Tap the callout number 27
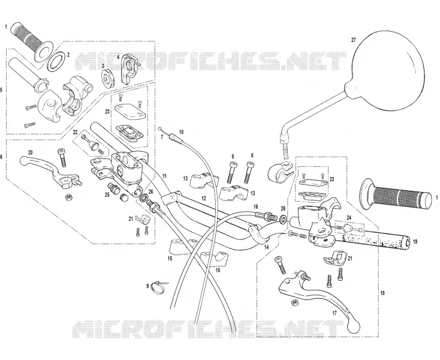pos(354,40)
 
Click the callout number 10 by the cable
pos(181,132)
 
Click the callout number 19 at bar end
pos(415,241)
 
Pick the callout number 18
pos(382,293)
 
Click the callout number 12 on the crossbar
pos(204,198)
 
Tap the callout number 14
pos(266,247)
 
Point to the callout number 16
pos(255,207)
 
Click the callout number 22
pos(75,132)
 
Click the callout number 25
pos(107,194)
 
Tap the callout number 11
pos(164,176)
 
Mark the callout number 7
pos(162,137)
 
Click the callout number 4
pos(119,56)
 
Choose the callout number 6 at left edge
pos(1,157)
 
